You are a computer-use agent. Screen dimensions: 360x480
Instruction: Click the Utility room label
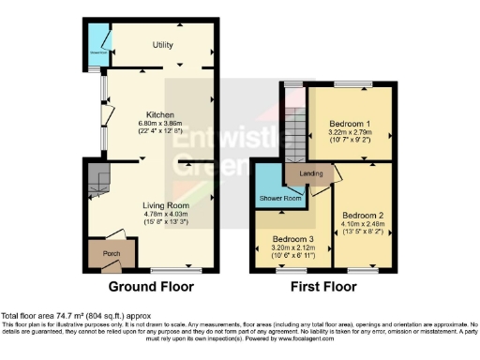click(x=165, y=44)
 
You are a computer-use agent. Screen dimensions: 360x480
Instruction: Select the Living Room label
click(x=165, y=205)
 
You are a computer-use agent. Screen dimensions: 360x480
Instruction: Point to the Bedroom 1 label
click(x=352, y=124)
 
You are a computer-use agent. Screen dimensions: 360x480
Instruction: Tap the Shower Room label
click(x=279, y=199)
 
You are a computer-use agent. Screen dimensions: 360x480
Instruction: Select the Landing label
click(x=311, y=173)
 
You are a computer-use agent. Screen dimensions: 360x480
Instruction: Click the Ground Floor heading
click(x=152, y=286)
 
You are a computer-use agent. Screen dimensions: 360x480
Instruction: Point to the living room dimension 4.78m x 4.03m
click(x=165, y=215)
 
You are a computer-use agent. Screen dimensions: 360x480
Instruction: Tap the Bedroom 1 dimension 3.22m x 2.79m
click(x=352, y=133)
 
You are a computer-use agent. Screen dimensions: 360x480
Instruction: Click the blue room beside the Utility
click(x=97, y=40)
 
